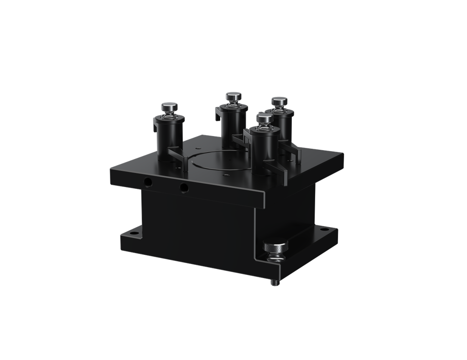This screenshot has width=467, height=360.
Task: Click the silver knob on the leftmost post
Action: (x=169, y=107)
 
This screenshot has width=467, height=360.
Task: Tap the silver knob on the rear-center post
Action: (x=233, y=97)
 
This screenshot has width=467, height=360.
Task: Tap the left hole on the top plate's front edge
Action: (x=148, y=182)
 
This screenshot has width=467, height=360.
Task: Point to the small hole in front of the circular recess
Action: (x=227, y=173)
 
